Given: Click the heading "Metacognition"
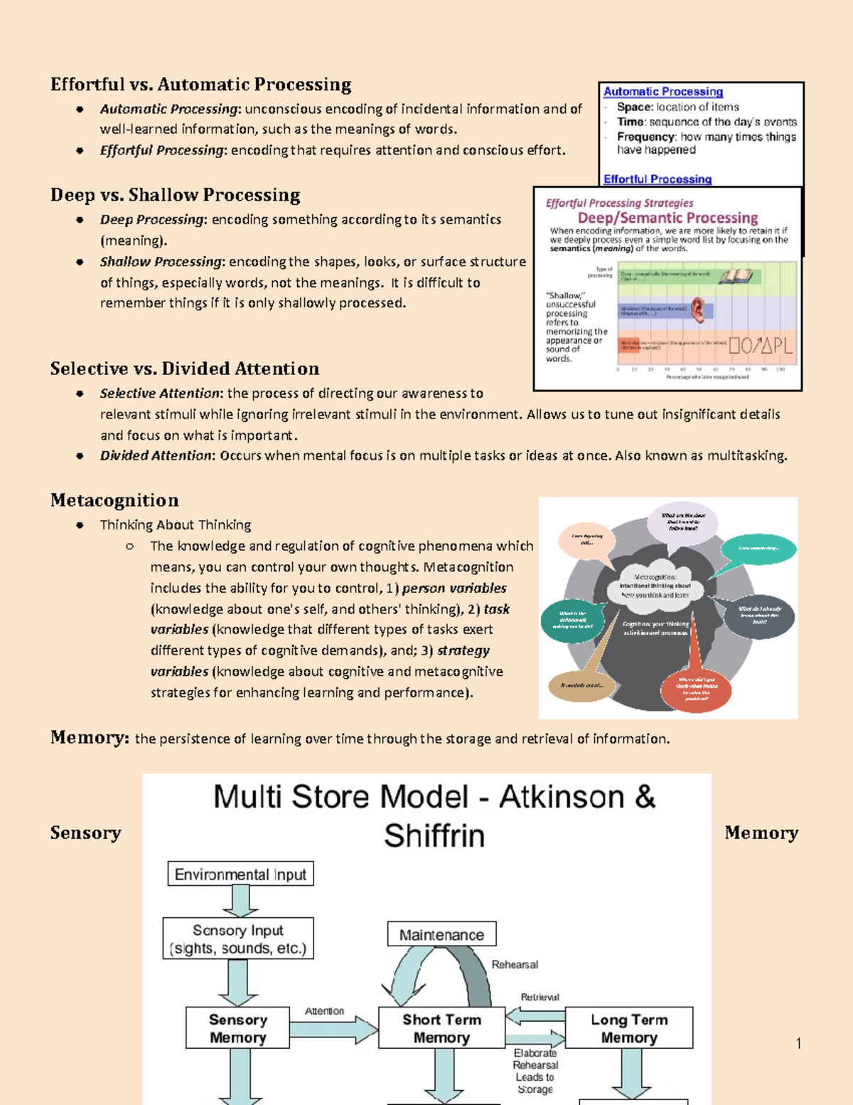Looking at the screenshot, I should click(x=114, y=500).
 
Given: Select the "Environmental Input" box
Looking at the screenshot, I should click(x=240, y=874).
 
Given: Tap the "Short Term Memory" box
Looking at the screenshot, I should click(x=441, y=1028).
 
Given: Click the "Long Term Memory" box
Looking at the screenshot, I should click(x=629, y=1028).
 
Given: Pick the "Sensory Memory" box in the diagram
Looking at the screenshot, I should click(x=237, y=1028).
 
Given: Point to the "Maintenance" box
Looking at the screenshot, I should click(x=441, y=934).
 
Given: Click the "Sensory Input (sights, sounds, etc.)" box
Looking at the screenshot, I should click(x=237, y=939).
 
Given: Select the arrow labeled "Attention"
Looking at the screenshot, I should click(x=333, y=1029).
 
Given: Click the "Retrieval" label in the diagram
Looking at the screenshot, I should click(x=540, y=997).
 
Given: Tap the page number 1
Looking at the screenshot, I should click(x=798, y=1043).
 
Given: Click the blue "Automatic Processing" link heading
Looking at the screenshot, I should click(x=662, y=92).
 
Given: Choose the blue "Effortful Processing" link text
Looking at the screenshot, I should click(x=657, y=179).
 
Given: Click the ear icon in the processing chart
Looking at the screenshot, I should click(x=698, y=310).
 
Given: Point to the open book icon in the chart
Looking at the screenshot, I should click(x=735, y=275).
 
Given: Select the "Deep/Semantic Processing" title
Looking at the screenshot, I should click(x=667, y=218).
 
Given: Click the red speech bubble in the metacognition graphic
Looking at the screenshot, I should click(x=695, y=689).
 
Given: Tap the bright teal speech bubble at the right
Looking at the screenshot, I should click(x=758, y=549).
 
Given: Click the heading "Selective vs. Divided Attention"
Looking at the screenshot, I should click(x=185, y=369).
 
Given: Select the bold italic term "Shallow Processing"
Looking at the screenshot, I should click(x=161, y=262).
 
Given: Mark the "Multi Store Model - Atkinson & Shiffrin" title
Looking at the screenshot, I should click(x=434, y=815).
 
